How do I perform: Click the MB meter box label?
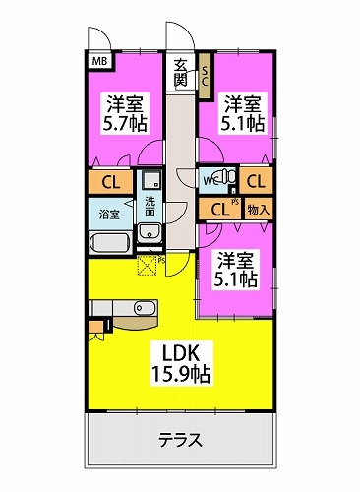[x=99, y=61]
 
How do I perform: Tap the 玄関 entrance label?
[x=181, y=73]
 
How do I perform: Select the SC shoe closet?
[x=206, y=76]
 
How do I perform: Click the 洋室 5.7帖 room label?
[x=125, y=113]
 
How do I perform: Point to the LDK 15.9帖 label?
[x=180, y=363]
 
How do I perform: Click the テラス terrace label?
[x=180, y=440]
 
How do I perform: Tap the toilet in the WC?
[x=226, y=176]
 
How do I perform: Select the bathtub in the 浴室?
[x=110, y=242]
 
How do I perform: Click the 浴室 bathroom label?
[x=109, y=215]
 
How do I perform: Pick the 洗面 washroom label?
[x=150, y=207]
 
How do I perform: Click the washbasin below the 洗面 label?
[x=150, y=232]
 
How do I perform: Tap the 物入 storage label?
[x=259, y=210]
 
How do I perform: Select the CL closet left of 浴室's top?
[x=110, y=182]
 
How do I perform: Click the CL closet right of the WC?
[x=256, y=181]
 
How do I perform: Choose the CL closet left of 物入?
[x=220, y=210]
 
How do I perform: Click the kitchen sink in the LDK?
[x=145, y=308]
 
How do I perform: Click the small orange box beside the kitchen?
[x=95, y=327]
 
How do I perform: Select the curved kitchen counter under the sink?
[x=135, y=323]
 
